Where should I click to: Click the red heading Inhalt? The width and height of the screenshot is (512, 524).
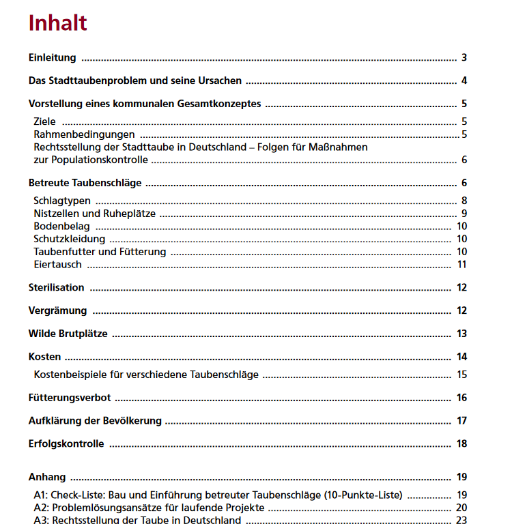coord(57,23)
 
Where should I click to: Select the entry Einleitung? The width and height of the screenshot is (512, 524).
coord(52,58)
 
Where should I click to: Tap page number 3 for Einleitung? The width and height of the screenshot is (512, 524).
coord(464,58)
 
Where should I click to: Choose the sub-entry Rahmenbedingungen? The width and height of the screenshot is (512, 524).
coord(84,134)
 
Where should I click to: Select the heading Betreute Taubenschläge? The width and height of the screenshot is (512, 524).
coord(85,184)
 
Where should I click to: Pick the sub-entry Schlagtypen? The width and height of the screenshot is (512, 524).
coord(62,201)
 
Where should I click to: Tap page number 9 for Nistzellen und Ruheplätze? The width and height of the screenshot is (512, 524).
coord(464,214)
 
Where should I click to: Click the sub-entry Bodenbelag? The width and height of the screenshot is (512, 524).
coord(61,227)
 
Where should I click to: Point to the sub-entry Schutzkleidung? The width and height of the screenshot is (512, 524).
coord(69,239)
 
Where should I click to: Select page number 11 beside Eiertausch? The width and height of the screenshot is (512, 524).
coord(462,265)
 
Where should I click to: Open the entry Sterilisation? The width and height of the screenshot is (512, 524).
coord(56,288)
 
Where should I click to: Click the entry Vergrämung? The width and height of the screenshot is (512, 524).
coord(57,311)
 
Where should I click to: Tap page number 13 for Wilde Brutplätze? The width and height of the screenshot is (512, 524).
coord(462,334)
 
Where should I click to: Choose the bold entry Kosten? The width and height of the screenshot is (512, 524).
coord(44,357)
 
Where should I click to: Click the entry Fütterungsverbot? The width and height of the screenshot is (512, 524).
coord(69,398)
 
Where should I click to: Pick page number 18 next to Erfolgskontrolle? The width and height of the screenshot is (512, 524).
coord(462,444)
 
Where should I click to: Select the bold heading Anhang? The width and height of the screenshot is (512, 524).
coord(47,478)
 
